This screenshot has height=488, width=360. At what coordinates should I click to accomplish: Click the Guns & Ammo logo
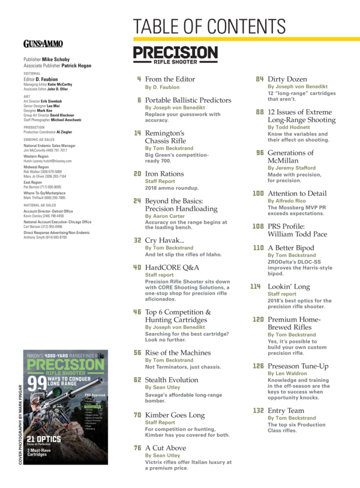pos(43,43)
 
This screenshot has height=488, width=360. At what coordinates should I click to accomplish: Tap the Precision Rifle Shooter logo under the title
pos(175,55)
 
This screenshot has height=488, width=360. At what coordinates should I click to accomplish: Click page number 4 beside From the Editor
pos(139,79)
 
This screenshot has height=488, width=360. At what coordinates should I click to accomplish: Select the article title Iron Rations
pos(164,174)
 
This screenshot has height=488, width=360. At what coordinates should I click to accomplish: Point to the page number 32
pos(137,240)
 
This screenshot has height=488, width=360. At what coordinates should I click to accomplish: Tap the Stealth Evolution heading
pos(172,380)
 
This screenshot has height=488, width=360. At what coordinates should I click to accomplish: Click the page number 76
pos(137,448)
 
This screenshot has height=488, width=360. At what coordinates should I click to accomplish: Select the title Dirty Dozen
pos(287,79)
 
